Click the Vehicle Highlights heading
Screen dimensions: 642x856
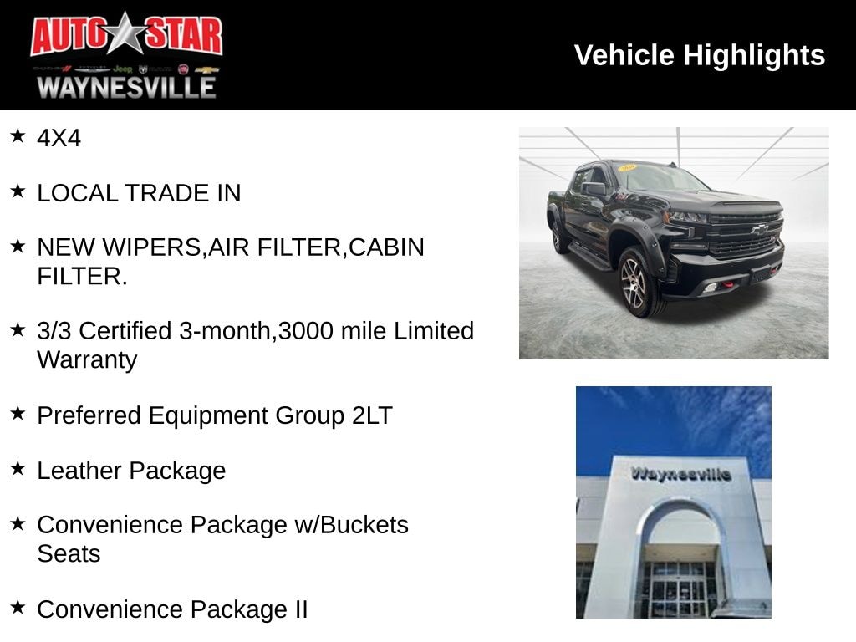click(x=700, y=55)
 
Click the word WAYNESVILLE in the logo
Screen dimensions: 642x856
click(x=126, y=86)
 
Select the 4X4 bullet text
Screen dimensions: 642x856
click(x=59, y=139)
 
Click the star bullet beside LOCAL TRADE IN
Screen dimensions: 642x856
click(x=18, y=191)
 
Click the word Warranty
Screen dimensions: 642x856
click(x=87, y=360)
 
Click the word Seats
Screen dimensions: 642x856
click(x=69, y=553)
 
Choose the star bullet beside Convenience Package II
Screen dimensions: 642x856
click(x=18, y=607)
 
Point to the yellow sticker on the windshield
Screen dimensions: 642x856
click(x=626, y=168)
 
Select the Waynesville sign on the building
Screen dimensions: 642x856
click(x=680, y=474)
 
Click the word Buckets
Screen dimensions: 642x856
click(x=364, y=525)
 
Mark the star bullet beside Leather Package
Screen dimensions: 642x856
click(x=18, y=468)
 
